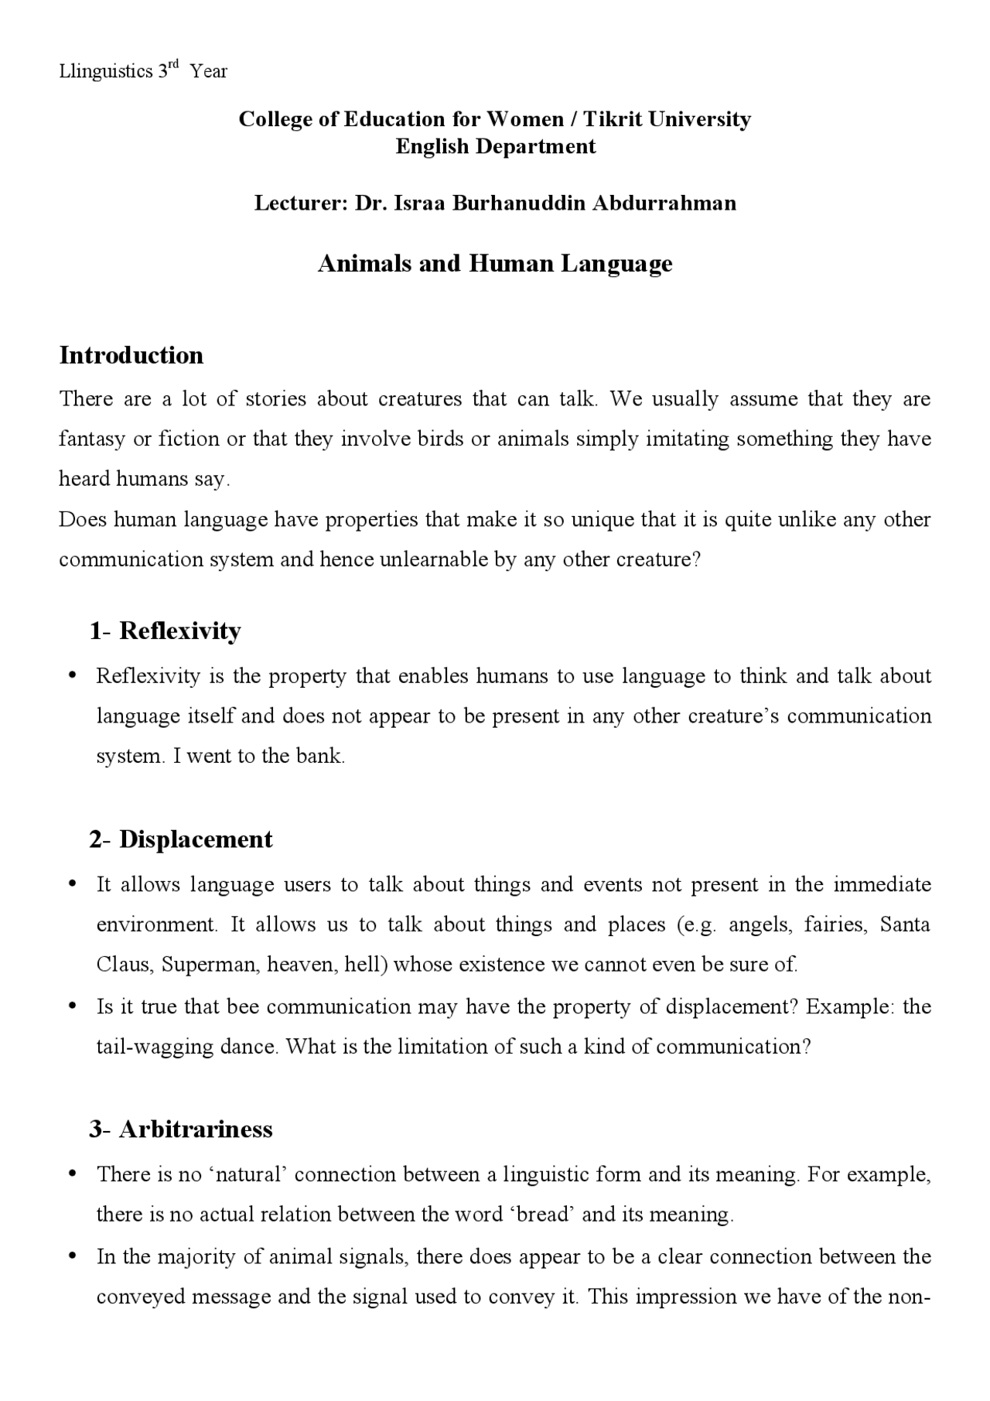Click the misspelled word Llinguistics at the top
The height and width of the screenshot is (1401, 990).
pyautogui.click(x=106, y=72)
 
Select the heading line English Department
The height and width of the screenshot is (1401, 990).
pyautogui.click(x=495, y=146)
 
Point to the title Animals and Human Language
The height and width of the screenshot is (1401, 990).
pyautogui.click(x=495, y=264)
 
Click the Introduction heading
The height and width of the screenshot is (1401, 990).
pyautogui.click(x=131, y=355)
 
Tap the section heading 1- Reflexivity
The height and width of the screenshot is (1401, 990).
pyautogui.click(x=165, y=631)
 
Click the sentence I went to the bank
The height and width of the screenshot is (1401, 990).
pyautogui.click(x=259, y=756)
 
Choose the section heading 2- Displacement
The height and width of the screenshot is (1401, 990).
pyautogui.click(x=181, y=839)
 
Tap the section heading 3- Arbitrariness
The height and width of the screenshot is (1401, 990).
pyautogui.click(x=181, y=1129)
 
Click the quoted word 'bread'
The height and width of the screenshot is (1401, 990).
pyautogui.click(x=541, y=1215)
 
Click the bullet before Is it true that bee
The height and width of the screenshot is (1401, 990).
pyautogui.click(x=72, y=1006)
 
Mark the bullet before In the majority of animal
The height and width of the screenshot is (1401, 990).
pyautogui.click(x=72, y=1256)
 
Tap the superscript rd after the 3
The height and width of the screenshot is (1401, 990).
pyautogui.click(x=174, y=65)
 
